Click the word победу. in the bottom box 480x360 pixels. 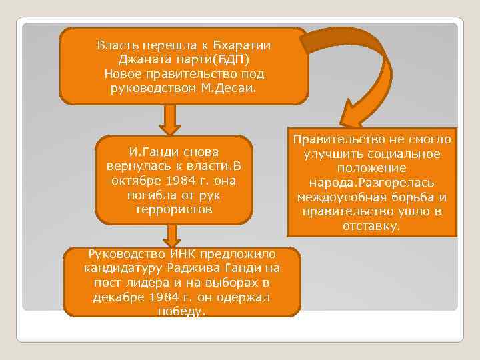pos(181,311)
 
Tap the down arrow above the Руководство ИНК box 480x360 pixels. pos(173,237)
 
